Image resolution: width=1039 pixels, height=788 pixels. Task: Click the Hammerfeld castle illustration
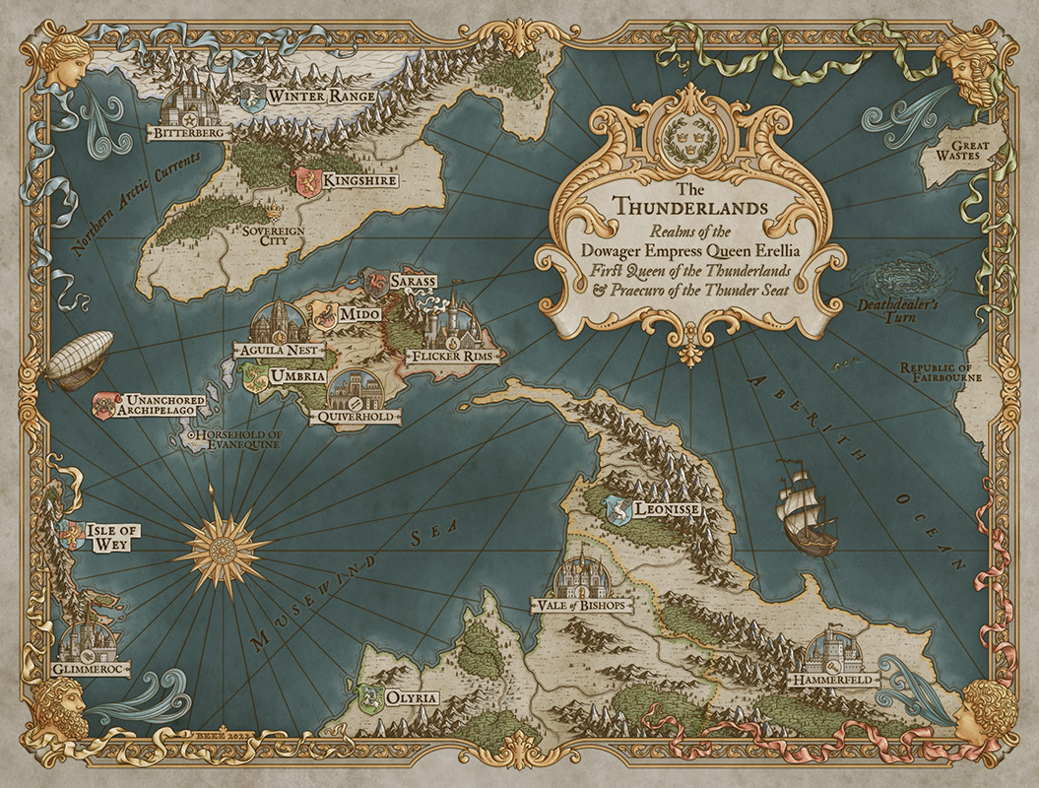832,650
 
